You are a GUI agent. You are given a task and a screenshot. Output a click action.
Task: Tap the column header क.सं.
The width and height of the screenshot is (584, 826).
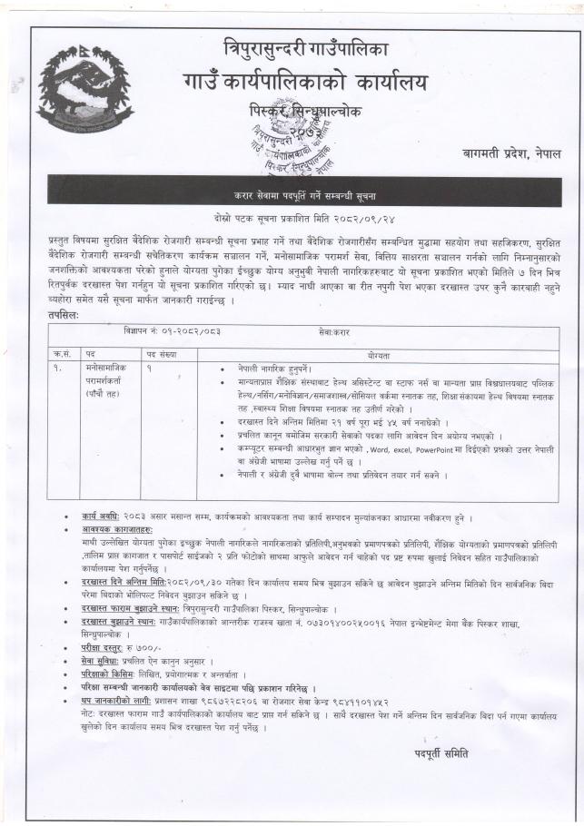(62, 351)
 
